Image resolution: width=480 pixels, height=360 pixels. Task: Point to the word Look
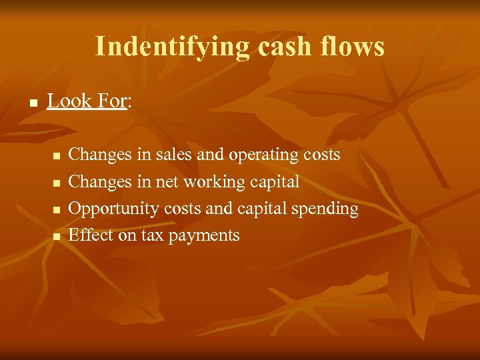click(x=69, y=101)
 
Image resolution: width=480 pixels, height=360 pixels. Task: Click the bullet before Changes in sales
click(x=57, y=157)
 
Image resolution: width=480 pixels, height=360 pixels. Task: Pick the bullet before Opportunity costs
click(x=57, y=210)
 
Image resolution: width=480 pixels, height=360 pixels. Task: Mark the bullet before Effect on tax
click(x=57, y=237)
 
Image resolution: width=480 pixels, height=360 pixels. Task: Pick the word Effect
click(x=91, y=235)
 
